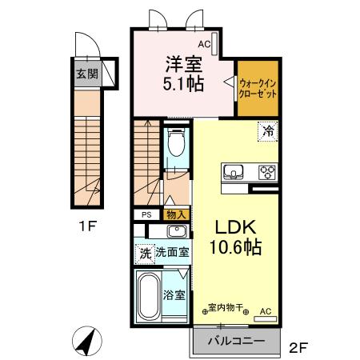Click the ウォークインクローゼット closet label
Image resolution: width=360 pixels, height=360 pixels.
click(258, 86)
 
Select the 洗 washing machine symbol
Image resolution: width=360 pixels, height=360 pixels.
click(145, 252)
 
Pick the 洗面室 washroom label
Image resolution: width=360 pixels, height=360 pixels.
click(172, 252)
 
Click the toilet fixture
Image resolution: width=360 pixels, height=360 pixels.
click(176, 144)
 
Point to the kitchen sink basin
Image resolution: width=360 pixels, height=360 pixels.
click(235, 170)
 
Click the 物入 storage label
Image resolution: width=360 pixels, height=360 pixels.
click(176, 214)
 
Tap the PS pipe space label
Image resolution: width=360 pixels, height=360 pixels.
click(146, 214)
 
